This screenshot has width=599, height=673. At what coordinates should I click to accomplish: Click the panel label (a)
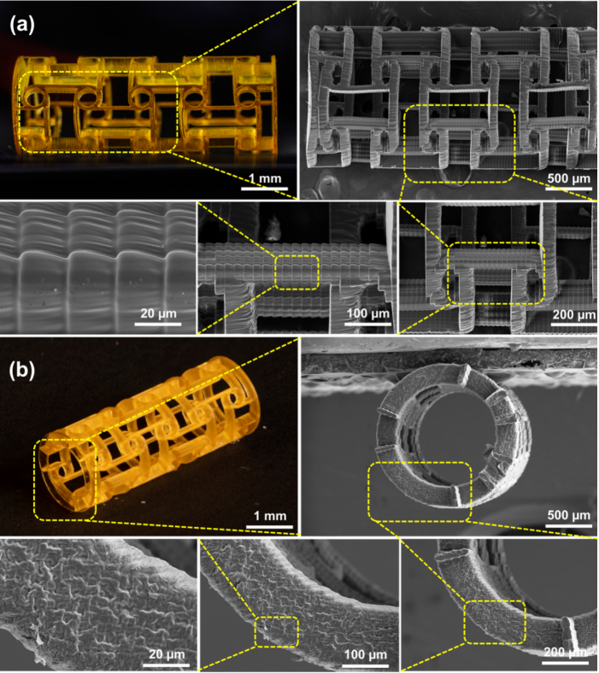pyautogui.click(x=22, y=26)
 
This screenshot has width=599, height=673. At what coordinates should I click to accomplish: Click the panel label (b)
pyautogui.click(x=22, y=371)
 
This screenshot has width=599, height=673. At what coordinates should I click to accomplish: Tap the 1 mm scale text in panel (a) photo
pyautogui.click(x=265, y=178)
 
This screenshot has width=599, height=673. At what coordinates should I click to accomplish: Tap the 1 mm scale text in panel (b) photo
pyautogui.click(x=270, y=516)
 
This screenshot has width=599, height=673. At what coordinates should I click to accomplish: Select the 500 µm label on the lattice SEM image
pyautogui.click(x=569, y=178)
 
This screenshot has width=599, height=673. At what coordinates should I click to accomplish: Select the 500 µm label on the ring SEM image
pyautogui.click(x=569, y=515)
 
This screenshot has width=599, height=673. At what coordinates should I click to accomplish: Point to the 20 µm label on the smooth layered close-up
pyautogui.click(x=158, y=313)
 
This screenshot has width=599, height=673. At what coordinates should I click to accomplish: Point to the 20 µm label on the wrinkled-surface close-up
pyautogui.click(x=167, y=654)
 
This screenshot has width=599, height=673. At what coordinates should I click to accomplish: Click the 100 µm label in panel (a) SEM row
pyautogui.click(x=368, y=313)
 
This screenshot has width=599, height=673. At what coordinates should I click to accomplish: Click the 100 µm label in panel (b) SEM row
pyautogui.click(x=366, y=655)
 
